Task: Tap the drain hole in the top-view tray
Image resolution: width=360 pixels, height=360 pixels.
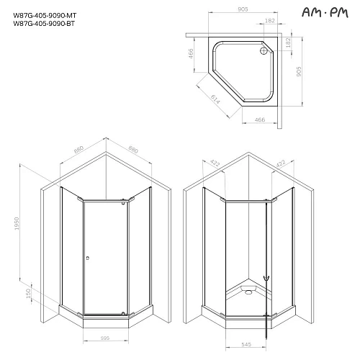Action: pyautogui.click(x=264, y=50)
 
